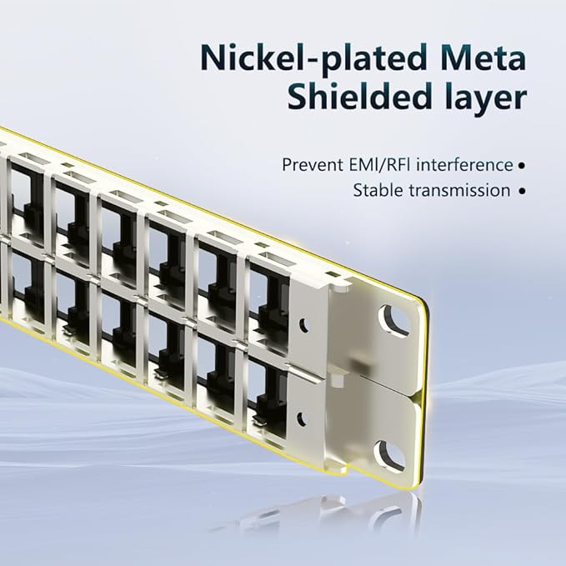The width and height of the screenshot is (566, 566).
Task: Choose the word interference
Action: coord(465,164)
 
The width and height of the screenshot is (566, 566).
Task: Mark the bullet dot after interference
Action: coord(522,166)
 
